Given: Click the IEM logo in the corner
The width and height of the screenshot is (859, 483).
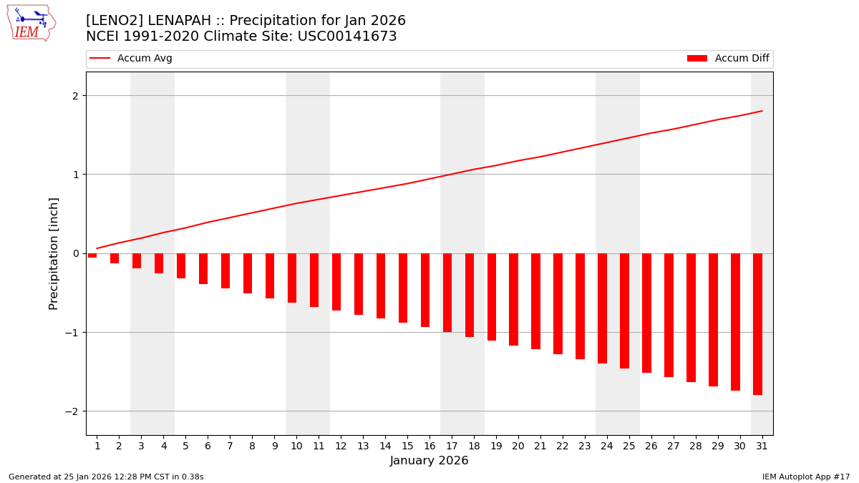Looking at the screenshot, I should tap(31, 23).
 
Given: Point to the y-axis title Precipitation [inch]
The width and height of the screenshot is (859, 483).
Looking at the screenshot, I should tap(54, 253).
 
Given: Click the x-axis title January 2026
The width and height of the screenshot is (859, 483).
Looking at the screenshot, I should tap(429, 461).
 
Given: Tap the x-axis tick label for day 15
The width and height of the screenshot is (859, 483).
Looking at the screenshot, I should tap(407, 446).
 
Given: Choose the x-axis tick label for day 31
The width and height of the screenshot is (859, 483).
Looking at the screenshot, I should tap(761, 446).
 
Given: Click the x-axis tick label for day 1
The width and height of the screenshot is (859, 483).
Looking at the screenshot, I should tap(97, 446).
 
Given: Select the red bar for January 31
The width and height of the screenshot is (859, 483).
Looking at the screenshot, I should tap(757, 323).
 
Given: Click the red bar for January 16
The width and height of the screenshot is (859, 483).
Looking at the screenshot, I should tap(425, 290).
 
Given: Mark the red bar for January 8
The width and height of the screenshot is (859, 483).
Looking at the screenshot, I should tap(248, 273).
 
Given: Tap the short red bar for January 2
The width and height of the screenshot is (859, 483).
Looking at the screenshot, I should tap(115, 258).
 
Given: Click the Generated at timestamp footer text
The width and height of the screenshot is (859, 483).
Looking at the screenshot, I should tap(106, 477).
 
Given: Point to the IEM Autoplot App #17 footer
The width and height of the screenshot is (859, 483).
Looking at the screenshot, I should tap(806, 477).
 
